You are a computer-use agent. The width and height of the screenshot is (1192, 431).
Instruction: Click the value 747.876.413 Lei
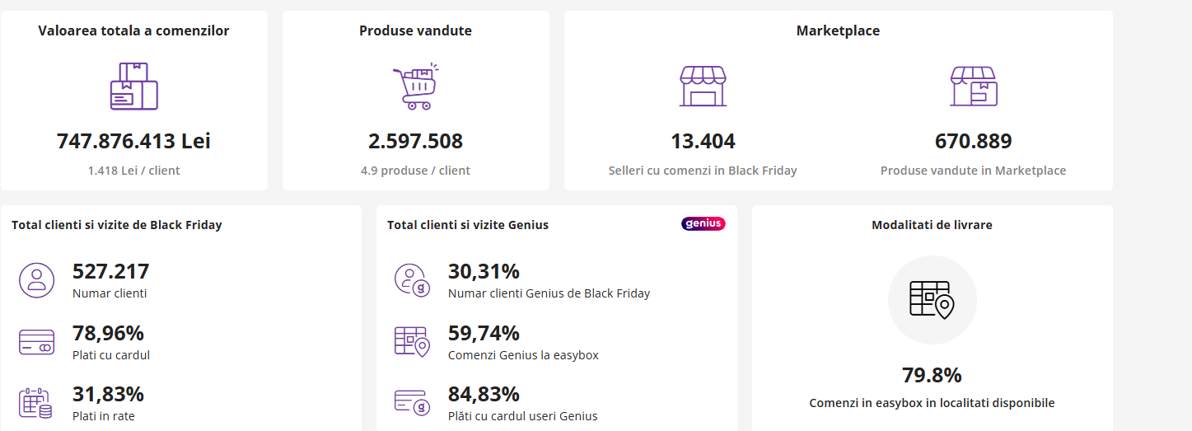[133, 141]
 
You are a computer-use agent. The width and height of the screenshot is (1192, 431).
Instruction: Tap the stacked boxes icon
[133, 87]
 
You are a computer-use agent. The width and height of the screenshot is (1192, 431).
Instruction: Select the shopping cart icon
[415, 87]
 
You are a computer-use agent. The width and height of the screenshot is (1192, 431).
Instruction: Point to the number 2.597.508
[415, 141]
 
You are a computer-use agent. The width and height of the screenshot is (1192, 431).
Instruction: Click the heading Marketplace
[838, 30]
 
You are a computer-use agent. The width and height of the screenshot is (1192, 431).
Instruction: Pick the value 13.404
[703, 141]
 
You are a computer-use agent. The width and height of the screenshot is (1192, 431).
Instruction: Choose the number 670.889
[973, 141]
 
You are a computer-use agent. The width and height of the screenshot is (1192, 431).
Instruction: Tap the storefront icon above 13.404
[703, 87]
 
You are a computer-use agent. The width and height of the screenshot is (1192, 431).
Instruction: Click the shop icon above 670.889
[973, 87]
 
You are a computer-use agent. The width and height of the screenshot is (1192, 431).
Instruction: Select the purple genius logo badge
[703, 223]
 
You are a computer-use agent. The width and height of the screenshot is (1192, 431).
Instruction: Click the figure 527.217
[110, 271]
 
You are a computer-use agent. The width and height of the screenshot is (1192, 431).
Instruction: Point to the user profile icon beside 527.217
[36, 280]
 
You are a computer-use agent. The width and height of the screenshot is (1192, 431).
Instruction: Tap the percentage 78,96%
[108, 333]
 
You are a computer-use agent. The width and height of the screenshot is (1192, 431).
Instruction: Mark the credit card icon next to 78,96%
[36, 342]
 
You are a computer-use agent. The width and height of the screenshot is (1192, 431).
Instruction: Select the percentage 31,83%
[108, 394]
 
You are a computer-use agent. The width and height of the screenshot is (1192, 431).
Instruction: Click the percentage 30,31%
[484, 271]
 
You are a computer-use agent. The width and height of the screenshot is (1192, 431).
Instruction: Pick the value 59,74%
[484, 333]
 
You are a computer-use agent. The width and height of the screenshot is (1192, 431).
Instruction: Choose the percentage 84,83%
[484, 394]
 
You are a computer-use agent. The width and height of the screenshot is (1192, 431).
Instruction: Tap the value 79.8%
[932, 375]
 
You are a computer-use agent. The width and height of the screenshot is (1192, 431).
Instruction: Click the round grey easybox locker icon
[932, 300]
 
